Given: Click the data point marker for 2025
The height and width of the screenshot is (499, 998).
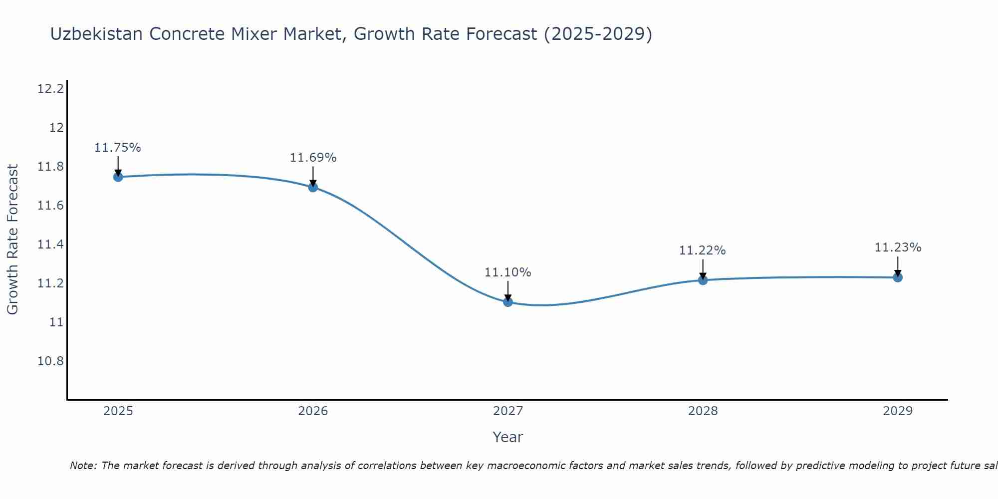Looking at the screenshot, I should click(118, 177).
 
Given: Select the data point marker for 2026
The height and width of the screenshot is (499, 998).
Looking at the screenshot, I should click(313, 187).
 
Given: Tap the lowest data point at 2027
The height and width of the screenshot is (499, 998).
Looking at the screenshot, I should click(508, 302).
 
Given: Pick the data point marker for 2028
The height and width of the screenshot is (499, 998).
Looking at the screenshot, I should click(703, 280).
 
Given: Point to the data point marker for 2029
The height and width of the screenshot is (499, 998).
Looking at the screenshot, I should click(898, 277).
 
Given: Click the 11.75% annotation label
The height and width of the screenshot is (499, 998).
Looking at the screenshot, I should click(118, 148).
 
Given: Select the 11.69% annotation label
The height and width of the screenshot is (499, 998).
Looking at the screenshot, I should click(313, 158).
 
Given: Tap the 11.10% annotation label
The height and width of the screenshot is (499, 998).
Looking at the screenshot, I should click(508, 272).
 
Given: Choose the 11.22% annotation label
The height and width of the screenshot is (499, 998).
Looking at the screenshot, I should click(702, 250).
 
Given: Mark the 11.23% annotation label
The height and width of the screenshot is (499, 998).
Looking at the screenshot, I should click(898, 248).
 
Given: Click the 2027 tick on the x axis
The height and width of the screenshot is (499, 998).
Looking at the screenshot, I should click(508, 411).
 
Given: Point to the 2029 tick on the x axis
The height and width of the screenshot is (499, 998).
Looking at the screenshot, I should click(898, 411).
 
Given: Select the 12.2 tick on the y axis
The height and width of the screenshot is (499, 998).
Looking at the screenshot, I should click(50, 89).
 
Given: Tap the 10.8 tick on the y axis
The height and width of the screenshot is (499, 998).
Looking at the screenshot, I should click(50, 361).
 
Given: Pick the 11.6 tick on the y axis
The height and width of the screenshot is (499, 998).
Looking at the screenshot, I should click(50, 206).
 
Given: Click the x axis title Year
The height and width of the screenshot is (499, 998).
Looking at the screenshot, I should click(507, 437).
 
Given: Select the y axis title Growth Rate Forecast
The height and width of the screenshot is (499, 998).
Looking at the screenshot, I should click(12, 239).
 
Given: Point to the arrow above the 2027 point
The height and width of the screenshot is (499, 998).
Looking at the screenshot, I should click(508, 290).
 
